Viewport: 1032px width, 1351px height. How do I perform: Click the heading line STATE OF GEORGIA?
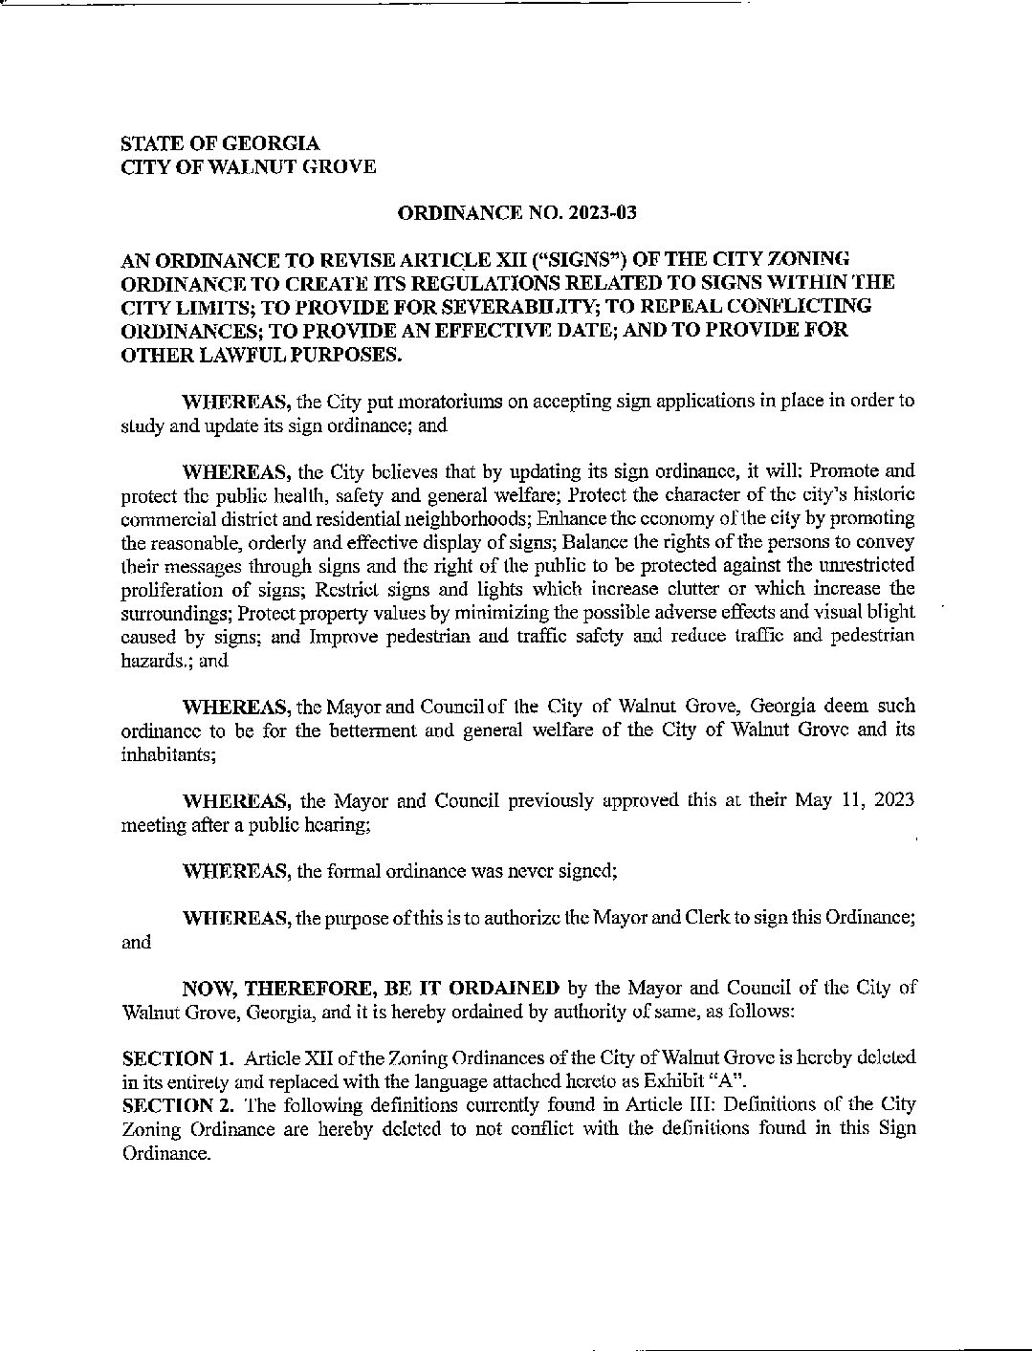tap(220, 143)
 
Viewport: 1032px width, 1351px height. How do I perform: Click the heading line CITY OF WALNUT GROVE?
tap(248, 167)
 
